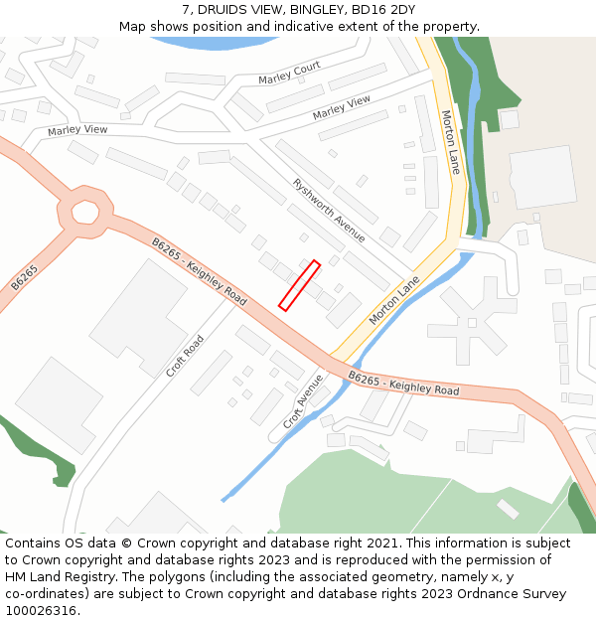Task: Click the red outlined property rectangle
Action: click(x=299, y=285)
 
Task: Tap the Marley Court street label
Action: click(x=289, y=73)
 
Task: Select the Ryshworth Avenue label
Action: click(x=329, y=210)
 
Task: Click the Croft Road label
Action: click(x=185, y=356)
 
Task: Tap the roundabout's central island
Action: click(x=83, y=213)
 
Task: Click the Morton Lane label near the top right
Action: click(x=450, y=142)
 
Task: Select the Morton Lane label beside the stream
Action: click(x=395, y=300)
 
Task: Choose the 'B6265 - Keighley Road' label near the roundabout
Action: click(x=199, y=270)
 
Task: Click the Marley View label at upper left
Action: click(x=77, y=130)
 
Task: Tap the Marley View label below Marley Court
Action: click(x=342, y=108)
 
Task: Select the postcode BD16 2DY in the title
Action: click(x=382, y=10)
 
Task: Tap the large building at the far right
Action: click(x=542, y=177)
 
